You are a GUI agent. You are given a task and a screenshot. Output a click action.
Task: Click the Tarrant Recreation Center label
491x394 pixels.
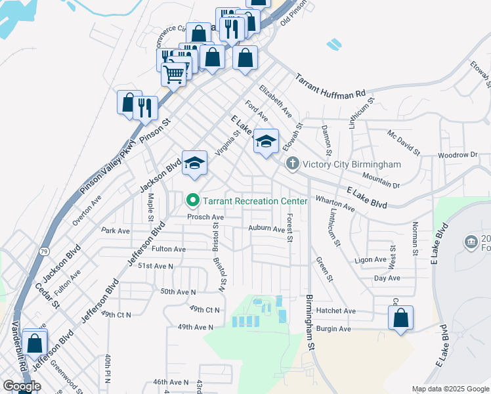pyautogui.click(x=255, y=201)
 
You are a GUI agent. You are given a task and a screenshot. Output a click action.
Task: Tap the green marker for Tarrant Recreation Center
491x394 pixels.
pyautogui.click(x=193, y=200)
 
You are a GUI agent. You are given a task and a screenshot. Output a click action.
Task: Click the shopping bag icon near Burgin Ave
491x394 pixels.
pyautogui.click(x=400, y=318)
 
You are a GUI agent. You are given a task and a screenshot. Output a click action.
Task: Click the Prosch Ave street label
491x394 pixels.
pyautogui.click(x=205, y=217)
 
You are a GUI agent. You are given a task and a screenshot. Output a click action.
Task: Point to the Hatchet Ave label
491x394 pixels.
pyautogui.click(x=339, y=311)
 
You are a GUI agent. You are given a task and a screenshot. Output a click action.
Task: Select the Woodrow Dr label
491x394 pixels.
pyautogui.click(x=458, y=156)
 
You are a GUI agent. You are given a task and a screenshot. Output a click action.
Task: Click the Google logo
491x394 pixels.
pyautogui.click(x=22, y=386)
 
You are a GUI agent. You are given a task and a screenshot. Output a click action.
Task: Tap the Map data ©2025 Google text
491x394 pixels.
pyautogui.click(x=450, y=389)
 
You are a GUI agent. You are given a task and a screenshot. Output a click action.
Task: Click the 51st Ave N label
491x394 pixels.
pyautogui.click(x=155, y=266)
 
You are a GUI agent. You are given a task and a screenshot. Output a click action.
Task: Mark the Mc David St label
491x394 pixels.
pyautogui.click(x=403, y=142)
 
